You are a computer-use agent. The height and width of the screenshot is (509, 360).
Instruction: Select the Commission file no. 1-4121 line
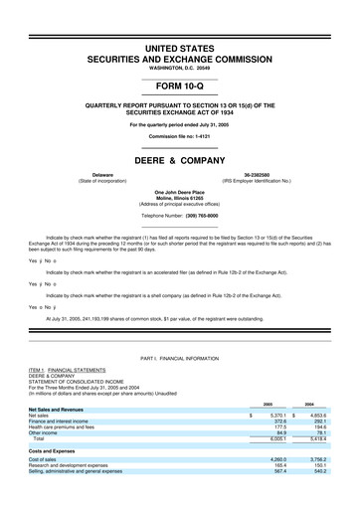point(179,136)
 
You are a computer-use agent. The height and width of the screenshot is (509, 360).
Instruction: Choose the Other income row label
point(44,432)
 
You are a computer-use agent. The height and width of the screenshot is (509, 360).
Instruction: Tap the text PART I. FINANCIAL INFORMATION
point(179,356)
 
